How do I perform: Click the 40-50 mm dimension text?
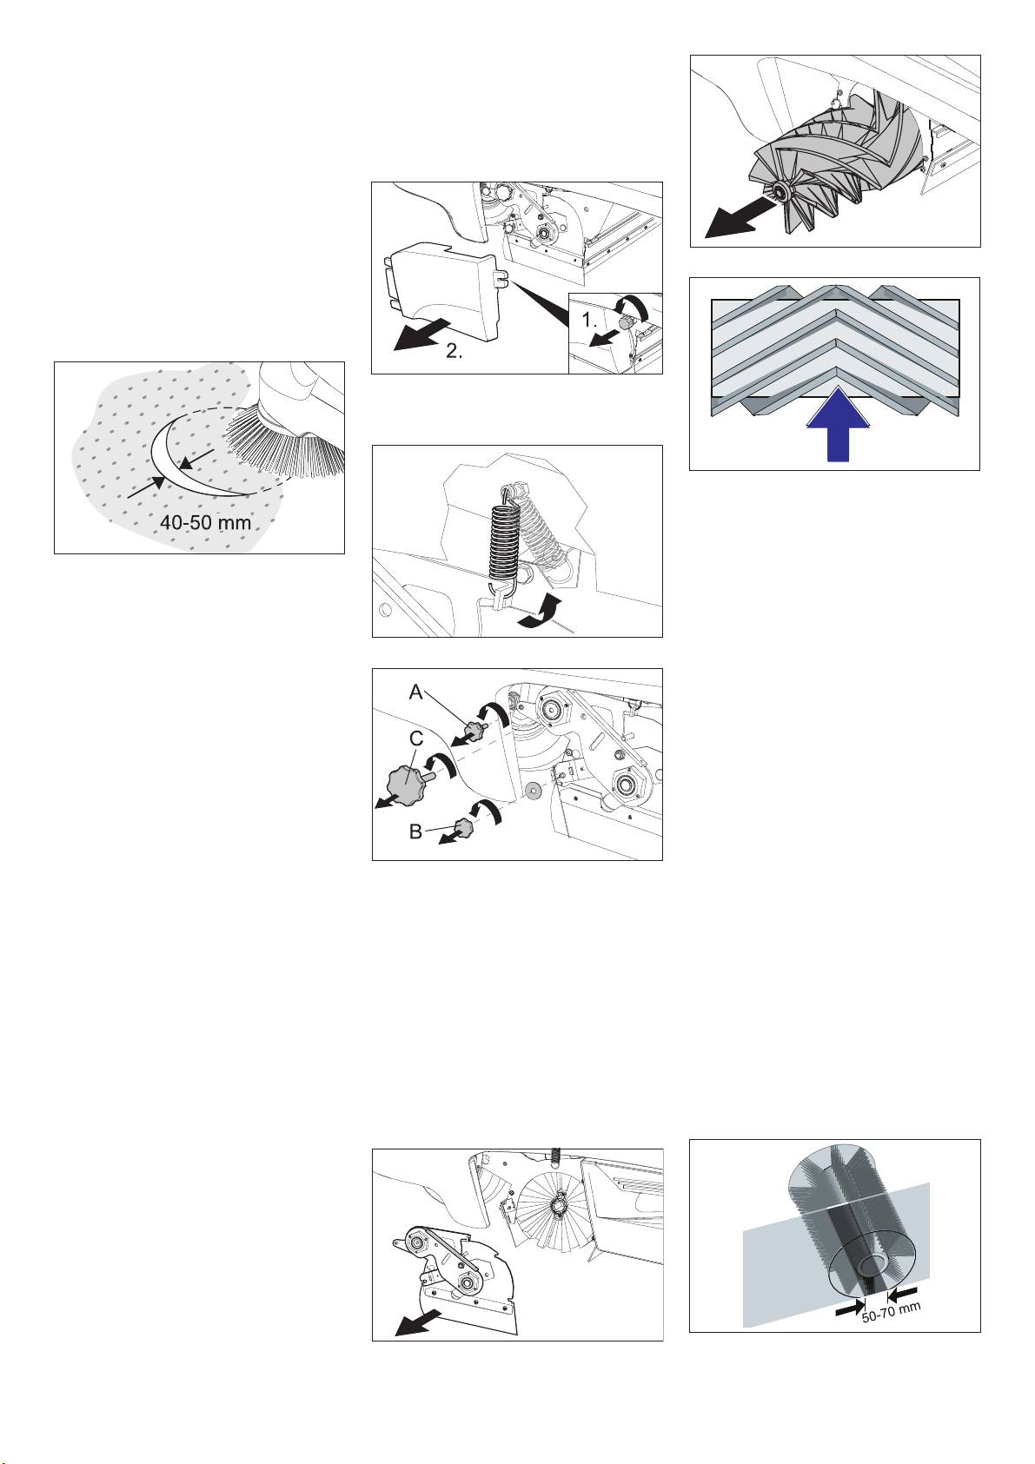[x=205, y=522]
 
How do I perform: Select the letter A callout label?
[x=416, y=692]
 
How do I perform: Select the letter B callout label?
[x=416, y=831]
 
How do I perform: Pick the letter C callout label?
[x=416, y=739]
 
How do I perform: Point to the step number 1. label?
[x=590, y=321]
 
